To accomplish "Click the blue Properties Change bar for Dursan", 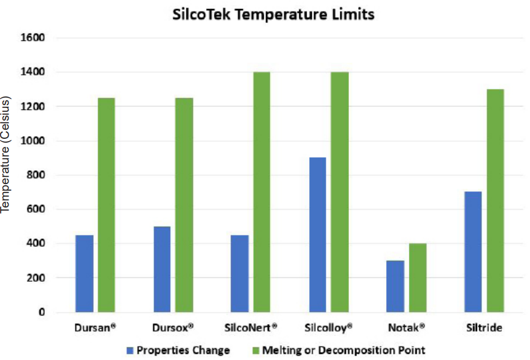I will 85,274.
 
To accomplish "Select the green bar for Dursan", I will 106,205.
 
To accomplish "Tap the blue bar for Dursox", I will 162,269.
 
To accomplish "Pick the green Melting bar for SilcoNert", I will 262,192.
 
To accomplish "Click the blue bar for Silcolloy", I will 317,235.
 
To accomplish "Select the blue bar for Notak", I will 395,286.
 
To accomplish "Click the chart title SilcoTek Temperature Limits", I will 274,15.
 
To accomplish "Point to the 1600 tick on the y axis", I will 33,38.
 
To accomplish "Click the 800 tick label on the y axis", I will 36,175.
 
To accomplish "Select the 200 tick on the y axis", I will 36,278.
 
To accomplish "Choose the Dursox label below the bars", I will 174,328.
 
